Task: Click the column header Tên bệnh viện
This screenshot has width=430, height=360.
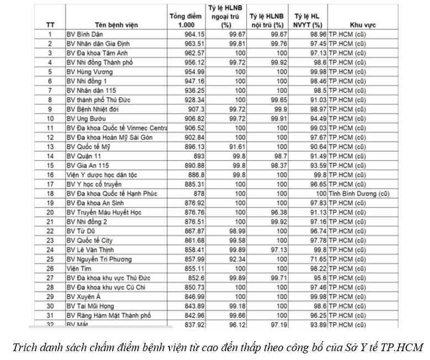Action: click(x=116, y=25)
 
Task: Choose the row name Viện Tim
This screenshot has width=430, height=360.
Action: click(x=78, y=268)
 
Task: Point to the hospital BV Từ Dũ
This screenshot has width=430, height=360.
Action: click(x=81, y=231)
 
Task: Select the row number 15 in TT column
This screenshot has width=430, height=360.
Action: click(x=50, y=165)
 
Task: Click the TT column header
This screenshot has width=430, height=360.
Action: click(x=50, y=25)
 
